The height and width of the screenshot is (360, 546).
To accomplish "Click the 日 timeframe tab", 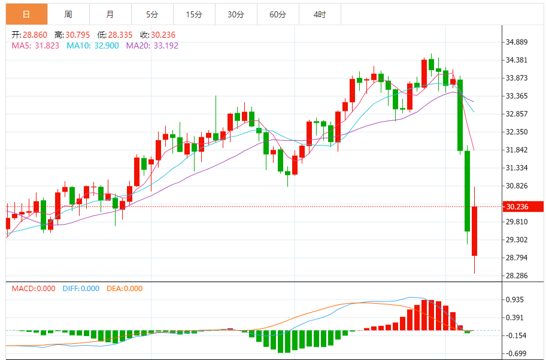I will pos(26,14).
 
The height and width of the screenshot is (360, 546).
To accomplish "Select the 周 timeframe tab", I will pos(68,14).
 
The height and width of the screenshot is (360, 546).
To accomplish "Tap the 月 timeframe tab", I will pos(110,14).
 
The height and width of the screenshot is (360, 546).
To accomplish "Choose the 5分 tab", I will pos(152,14).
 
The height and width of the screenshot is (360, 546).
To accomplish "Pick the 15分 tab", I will pos(194,14).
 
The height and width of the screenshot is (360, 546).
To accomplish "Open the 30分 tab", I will pos(236,14).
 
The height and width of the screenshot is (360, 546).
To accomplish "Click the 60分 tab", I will pos(278,14).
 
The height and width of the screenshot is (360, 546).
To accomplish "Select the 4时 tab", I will pos(320,14).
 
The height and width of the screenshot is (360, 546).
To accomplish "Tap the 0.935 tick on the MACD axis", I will pos(516,300).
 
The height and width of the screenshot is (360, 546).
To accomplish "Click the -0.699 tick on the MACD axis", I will pos(516,353).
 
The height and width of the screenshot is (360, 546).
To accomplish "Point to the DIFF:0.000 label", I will pos(81,289).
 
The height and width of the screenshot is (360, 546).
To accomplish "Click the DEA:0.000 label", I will pos(125,289).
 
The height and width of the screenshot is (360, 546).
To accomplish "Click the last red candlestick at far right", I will pos(474,231).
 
